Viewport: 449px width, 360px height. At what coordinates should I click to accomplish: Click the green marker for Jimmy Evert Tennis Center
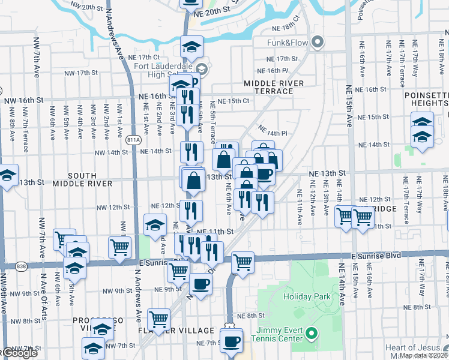[312, 332]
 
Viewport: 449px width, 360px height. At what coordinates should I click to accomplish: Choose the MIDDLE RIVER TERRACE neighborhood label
[273, 87]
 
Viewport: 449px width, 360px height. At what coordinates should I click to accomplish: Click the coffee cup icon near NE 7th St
[231, 341]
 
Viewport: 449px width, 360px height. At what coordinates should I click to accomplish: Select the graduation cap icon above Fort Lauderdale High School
[191, 47]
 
